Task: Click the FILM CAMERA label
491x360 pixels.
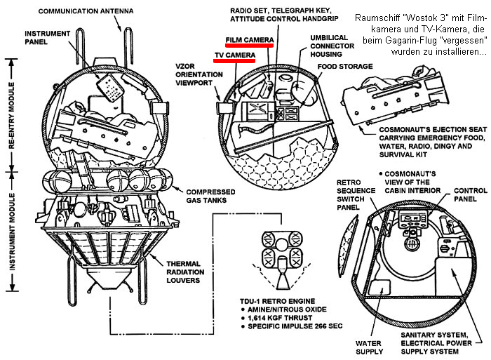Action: tap(248, 40)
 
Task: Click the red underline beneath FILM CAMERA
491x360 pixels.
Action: tap(248, 46)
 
